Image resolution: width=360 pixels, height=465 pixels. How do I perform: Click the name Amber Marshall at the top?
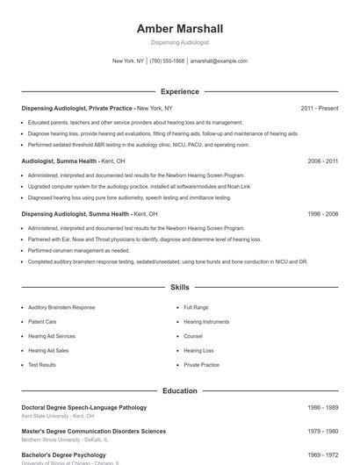click(180, 28)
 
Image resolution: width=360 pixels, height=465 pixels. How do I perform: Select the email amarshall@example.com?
click(219, 61)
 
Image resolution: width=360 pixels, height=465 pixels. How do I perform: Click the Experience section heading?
click(179, 91)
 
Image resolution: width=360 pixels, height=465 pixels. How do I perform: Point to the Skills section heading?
click(179, 287)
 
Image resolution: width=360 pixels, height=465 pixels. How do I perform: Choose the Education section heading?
click(179, 390)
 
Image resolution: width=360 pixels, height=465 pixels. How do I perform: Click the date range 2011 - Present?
click(319, 108)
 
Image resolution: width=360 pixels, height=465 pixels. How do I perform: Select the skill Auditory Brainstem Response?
click(61, 308)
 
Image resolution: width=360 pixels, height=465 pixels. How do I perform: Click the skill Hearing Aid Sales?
click(50, 350)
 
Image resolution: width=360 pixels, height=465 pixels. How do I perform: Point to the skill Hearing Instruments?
click(206, 322)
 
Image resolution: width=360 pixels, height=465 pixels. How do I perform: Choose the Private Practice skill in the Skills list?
click(202, 364)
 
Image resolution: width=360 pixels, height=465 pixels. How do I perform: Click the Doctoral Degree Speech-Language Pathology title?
click(84, 407)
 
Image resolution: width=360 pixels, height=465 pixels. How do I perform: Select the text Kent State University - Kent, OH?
click(58, 416)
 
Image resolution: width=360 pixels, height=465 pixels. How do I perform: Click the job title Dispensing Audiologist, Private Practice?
click(77, 108)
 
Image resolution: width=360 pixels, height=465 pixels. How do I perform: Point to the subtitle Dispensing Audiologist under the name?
click(180, 42)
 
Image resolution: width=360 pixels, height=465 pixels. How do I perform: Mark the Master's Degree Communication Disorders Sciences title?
click(93, 432)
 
